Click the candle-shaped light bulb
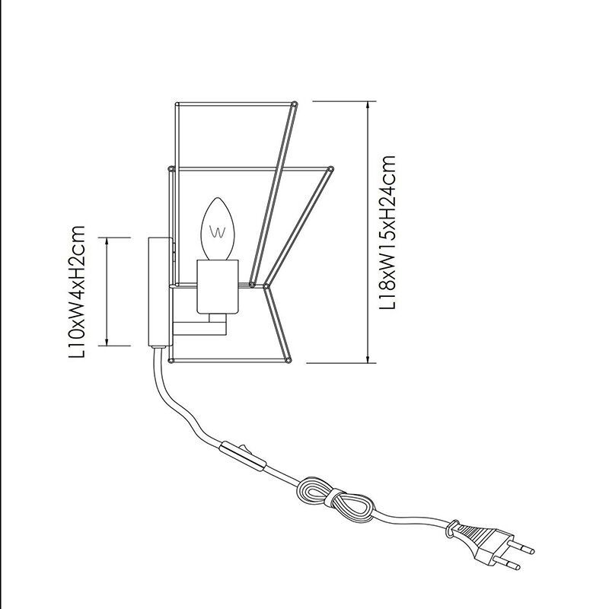pos(218,229)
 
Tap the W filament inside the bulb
pos(217,231)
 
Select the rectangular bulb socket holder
pos(217,287)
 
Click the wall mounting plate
pos(159,292)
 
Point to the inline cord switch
pos(243,455)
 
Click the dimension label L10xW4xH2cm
pos(77,292)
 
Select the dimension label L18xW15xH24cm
pos(387,232)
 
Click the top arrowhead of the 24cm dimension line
pos(368,107)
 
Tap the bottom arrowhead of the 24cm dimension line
pos(368,358)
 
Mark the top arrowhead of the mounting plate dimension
pos(107,243)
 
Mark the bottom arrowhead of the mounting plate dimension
pos(107,340)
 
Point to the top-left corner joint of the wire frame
pos(177,104)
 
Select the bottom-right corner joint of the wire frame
pos(289,360)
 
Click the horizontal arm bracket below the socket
pos(199,329)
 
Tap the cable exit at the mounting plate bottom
pos(157,347)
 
